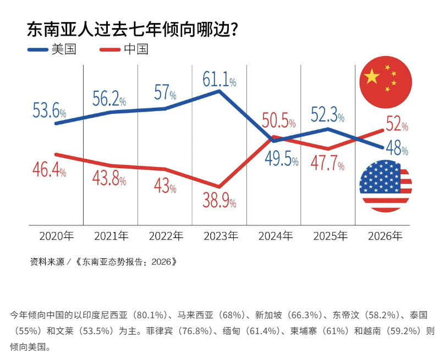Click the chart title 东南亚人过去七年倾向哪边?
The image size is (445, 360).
coord(132,29)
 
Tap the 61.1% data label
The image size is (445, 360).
coord(219,80)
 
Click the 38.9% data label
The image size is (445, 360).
coord(219,202)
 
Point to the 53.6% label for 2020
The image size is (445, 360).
coord(49,112)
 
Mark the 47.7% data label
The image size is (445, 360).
coord(327,164)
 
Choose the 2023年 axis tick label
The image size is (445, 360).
coord(221,236)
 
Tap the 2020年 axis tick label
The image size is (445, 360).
coord(56,236)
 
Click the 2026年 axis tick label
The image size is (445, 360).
coord(384,236)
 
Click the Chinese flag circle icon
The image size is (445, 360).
coord(385,82)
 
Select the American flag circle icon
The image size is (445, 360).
coord(385,186)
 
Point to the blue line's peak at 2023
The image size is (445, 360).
coord(219,91)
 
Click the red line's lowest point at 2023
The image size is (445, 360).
coord(219,187)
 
